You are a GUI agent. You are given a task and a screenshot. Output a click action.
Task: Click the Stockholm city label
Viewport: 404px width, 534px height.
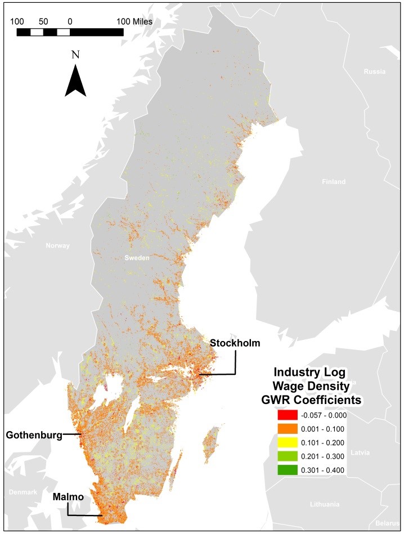(x=235, y=343)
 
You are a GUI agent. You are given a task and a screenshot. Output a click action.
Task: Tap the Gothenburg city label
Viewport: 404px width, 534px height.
(x=34, y=434)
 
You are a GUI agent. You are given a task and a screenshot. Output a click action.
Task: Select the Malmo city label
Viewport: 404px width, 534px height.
(x=68, y=497)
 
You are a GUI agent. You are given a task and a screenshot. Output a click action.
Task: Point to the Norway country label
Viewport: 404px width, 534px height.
(x=58, y=245)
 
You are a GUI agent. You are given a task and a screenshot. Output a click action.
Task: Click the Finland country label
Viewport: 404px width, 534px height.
(x=334, y=182)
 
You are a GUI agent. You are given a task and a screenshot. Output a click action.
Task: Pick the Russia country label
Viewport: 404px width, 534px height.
(x=374, y=71)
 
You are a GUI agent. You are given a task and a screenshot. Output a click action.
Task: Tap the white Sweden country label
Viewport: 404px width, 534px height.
(x=137, y=258)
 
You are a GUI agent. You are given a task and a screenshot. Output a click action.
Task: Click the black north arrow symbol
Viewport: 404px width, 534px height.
(x=75, y=81)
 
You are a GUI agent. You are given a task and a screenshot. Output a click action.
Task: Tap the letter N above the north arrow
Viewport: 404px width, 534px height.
(x=75, y=55)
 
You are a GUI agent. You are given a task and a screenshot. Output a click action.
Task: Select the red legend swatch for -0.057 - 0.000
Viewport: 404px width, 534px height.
(x=287, y=416)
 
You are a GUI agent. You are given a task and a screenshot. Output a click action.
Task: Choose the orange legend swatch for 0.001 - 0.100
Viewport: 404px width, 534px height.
(x=287, y=429)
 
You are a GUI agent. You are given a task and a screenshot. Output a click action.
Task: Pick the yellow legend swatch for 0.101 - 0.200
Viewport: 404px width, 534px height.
(x=287, y=443)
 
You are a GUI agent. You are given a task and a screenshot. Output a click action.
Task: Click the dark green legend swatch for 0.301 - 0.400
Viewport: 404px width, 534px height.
(x=287, y=470)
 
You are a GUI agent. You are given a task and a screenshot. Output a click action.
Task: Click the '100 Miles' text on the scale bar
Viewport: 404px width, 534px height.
(x=134, y=21)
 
